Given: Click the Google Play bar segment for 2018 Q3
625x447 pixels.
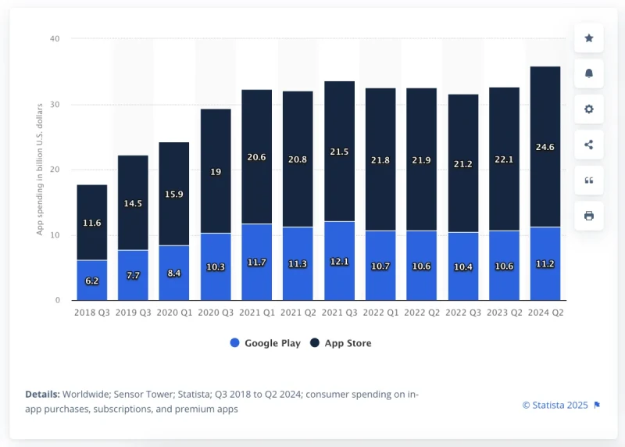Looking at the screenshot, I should coord(91,280).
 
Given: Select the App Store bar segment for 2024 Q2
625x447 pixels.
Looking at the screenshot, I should coord(545,146).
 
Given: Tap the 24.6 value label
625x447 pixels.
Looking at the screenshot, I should coord(545,146).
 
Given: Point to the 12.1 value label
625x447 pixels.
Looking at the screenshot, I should coord(339,263).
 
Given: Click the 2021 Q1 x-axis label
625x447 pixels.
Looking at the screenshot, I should coord(256,313).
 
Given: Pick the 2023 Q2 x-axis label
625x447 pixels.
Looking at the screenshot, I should coord(504,313).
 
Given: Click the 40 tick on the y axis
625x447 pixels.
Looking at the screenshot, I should coord(55,38).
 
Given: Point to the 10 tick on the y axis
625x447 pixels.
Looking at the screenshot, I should coord(55,235).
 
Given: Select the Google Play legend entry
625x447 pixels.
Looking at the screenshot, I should coord(266,343).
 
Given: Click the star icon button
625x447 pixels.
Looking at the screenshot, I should coord(589,38).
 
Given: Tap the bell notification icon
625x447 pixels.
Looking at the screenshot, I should coord(589,73).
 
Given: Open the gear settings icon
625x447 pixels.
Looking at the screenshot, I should coord(589,109).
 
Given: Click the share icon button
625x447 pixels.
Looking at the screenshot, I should coord(589,145).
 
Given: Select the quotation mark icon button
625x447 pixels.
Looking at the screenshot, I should coord(589,180).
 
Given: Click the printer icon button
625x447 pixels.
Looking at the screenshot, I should coord(589,216).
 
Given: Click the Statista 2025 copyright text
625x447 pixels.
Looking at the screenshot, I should coord(555,405).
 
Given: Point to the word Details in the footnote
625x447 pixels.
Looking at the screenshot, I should coord(42,395).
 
